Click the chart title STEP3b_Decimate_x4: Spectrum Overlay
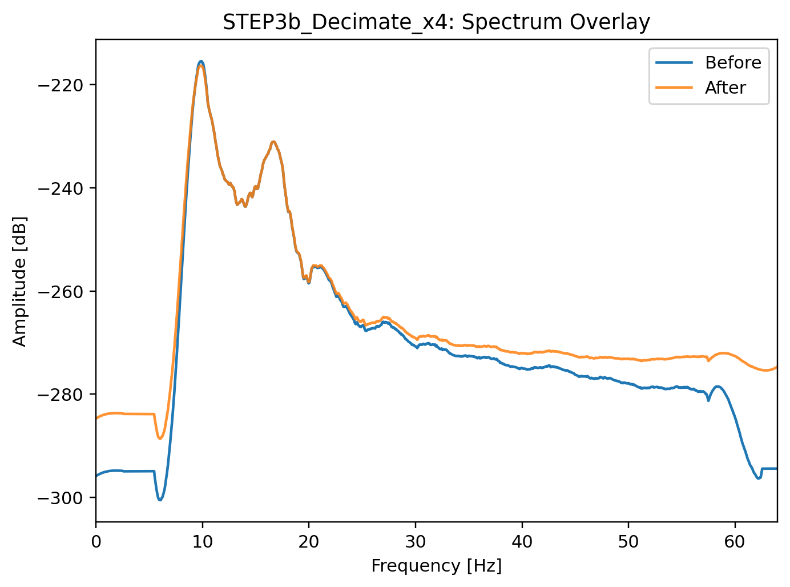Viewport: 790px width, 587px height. [x=436, y=22]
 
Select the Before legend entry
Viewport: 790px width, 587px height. [x=733, y=63]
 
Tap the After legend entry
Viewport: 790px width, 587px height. [x=725, y=88]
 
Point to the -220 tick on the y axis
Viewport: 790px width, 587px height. [x=60, y=85]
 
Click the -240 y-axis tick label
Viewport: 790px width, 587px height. [x=60, y=188]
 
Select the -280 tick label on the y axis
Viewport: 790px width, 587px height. [x=60, y=395]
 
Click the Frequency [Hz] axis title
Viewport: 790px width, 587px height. [x=436, y=566]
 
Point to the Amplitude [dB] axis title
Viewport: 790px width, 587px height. [x=20, y=281]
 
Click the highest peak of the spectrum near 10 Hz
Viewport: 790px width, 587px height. [x=200, y=62]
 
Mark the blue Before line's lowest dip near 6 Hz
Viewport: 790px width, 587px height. [x=160, y=500]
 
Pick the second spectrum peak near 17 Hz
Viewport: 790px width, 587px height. [x=273, y=142]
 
